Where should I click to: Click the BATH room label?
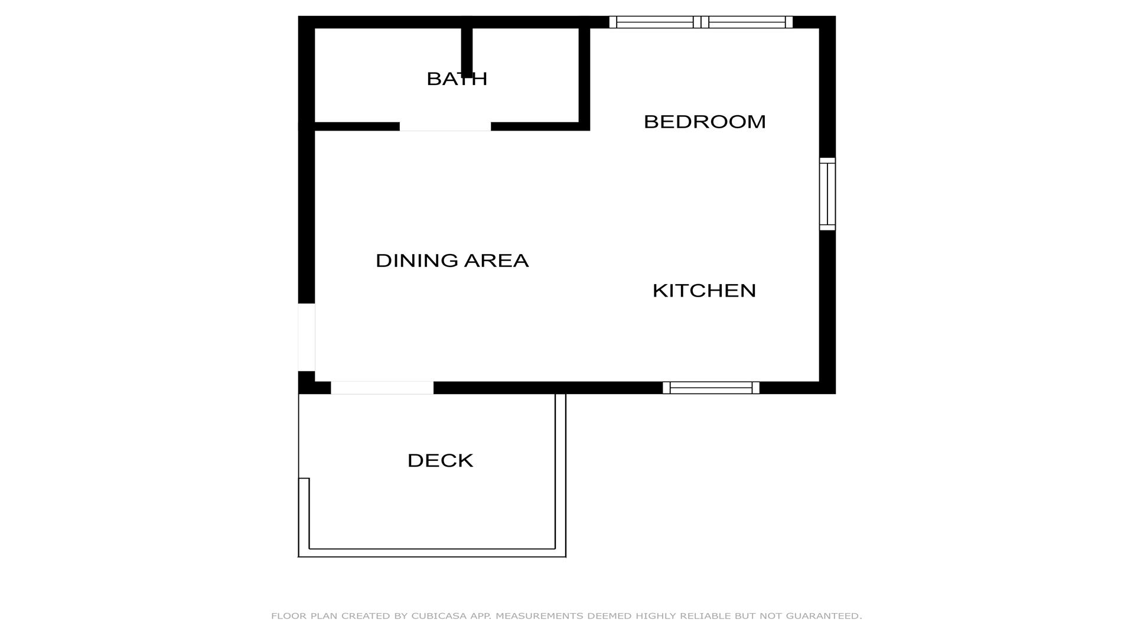pyautogui.click(x=457, y=79)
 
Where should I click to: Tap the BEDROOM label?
pyautogui.click(x=705, y=122)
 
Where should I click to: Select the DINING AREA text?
pyautogui.click(x=452, y=261)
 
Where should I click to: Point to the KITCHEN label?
pyautogui.click(x=704, y=291)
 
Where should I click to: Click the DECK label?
pyautogui.click(x=440, y=461)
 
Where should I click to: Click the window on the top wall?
pyautogui.click(x=700, y=22)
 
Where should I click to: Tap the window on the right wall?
pyautogui.click(x=827, y=194)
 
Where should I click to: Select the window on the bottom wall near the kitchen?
pyautogui.click(x=711, y=388)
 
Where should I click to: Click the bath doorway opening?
pyautogui.click(x=445, y=126)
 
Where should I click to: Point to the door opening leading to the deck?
pyautogui.click(x=382, y=388)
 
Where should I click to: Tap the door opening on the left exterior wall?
pyautogui.click(x=307, y=337)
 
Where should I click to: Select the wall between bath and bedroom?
pyautogui.click(x=584, y=74)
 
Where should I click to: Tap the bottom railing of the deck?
pyautogui.click(x=432, y=553)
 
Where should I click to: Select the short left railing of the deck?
pyautogui.click(x=304, y=517)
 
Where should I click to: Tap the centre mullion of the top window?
pyautogui.click(x=700, y=22)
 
